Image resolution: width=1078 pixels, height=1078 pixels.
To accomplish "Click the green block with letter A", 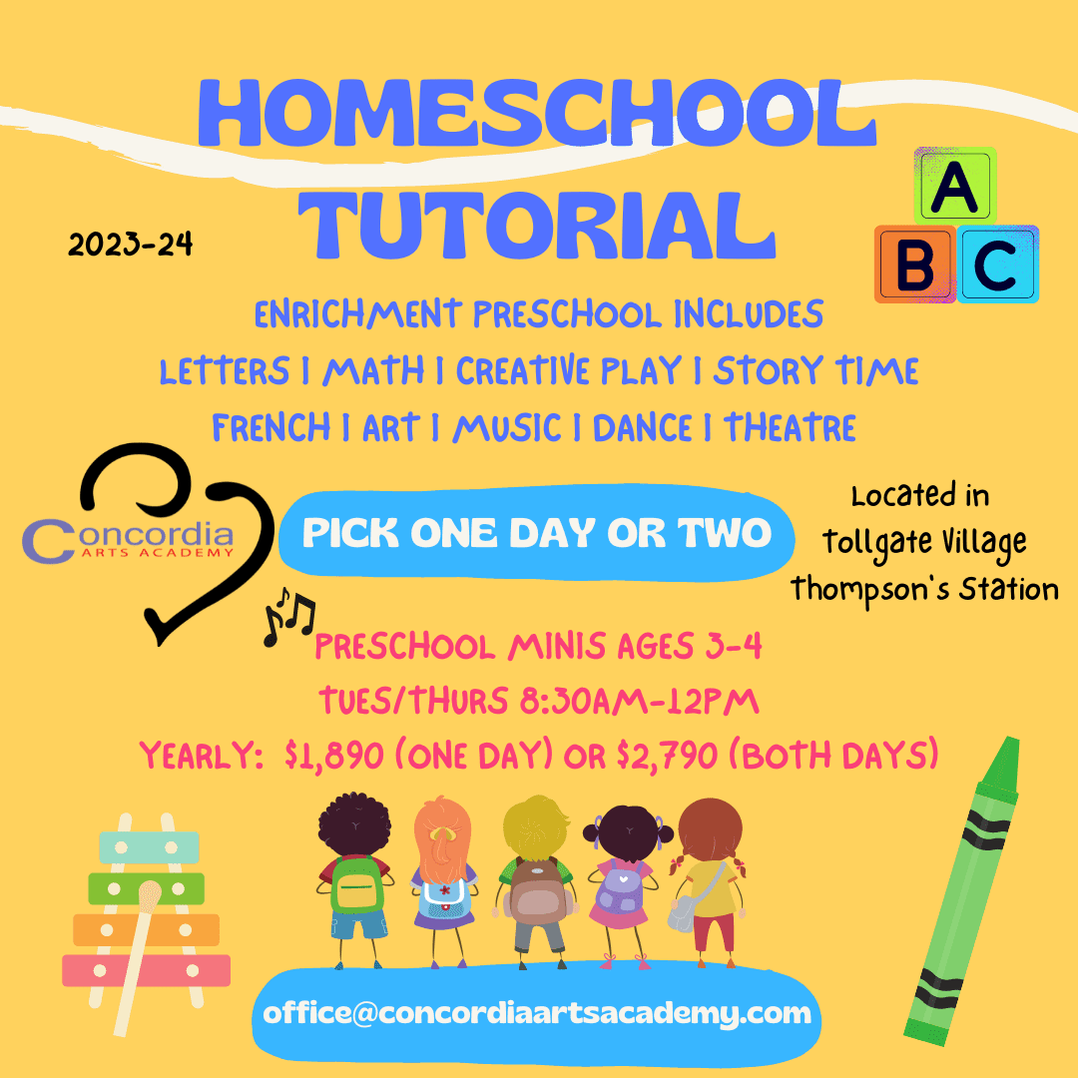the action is pos(955,185).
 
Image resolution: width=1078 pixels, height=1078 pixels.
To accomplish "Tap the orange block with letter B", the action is pos(915,264).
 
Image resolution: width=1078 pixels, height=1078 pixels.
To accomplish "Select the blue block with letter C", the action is pos(997,264).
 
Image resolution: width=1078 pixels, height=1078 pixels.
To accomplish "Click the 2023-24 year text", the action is pos(130,245).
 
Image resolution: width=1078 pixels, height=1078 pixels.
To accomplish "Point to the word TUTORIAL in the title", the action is pos(538,225).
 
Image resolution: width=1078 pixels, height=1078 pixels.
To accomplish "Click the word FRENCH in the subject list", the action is pos(270,427).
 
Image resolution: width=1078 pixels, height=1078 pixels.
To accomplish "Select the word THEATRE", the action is pos(790,427).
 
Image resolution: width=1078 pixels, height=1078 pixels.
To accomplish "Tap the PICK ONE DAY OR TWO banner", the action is pos(536,533).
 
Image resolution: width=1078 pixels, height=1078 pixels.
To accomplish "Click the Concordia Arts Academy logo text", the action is pos(128,540).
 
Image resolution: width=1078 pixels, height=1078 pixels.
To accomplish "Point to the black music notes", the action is pos(288,616).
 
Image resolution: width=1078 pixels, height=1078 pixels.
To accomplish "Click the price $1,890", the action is pos(333,756).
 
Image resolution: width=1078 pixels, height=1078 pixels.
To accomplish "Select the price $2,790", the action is pos(667,756).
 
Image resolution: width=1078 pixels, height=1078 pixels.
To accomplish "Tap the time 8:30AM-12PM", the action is pos(640,702).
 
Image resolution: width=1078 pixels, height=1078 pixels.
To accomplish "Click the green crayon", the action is pos(962,891).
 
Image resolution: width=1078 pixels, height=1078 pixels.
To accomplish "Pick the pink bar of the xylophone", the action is pos(147,971).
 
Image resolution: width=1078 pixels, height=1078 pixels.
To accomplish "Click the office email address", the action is pos(537,1013).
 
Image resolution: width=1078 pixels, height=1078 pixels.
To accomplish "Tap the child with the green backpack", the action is pos(354,880).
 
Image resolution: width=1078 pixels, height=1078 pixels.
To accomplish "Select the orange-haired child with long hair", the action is pos(443,882).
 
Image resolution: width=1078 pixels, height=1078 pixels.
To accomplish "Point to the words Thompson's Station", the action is pos(924,590).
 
